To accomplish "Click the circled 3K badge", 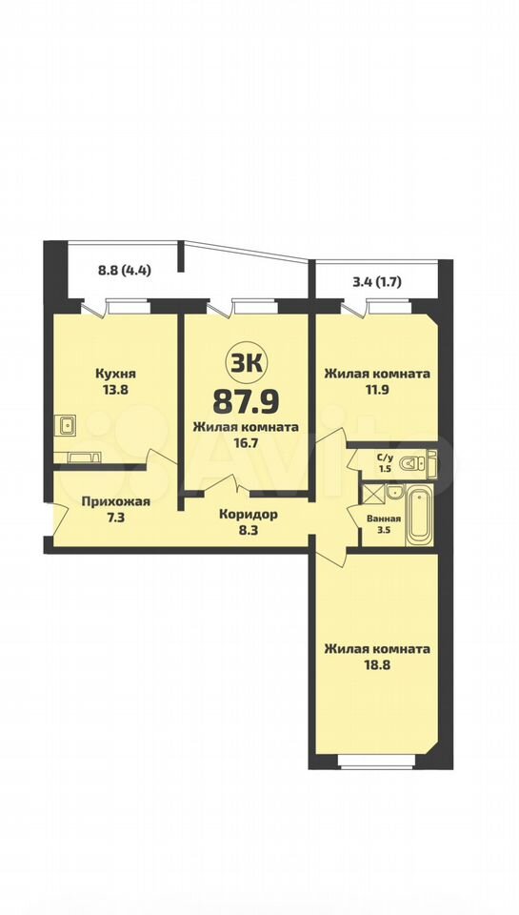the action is (245, 365).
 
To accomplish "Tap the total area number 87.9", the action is (246, 401).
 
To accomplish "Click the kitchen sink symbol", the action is (68, 425).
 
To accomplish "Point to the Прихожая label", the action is (116, 501).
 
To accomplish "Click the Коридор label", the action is (249, 514).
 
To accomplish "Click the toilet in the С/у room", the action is (417, 463).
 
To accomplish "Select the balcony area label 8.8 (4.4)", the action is (125, 270).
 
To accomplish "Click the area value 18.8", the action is (377, 663).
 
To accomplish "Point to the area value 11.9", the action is (377, 389).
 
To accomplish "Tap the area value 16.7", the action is (246, 442).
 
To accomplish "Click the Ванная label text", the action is (384, 518).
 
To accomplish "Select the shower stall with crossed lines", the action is (373, 493).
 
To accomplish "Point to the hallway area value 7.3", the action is (116, 517).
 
